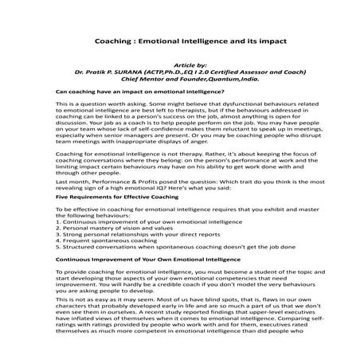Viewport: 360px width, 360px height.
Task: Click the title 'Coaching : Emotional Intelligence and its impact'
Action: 178,38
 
